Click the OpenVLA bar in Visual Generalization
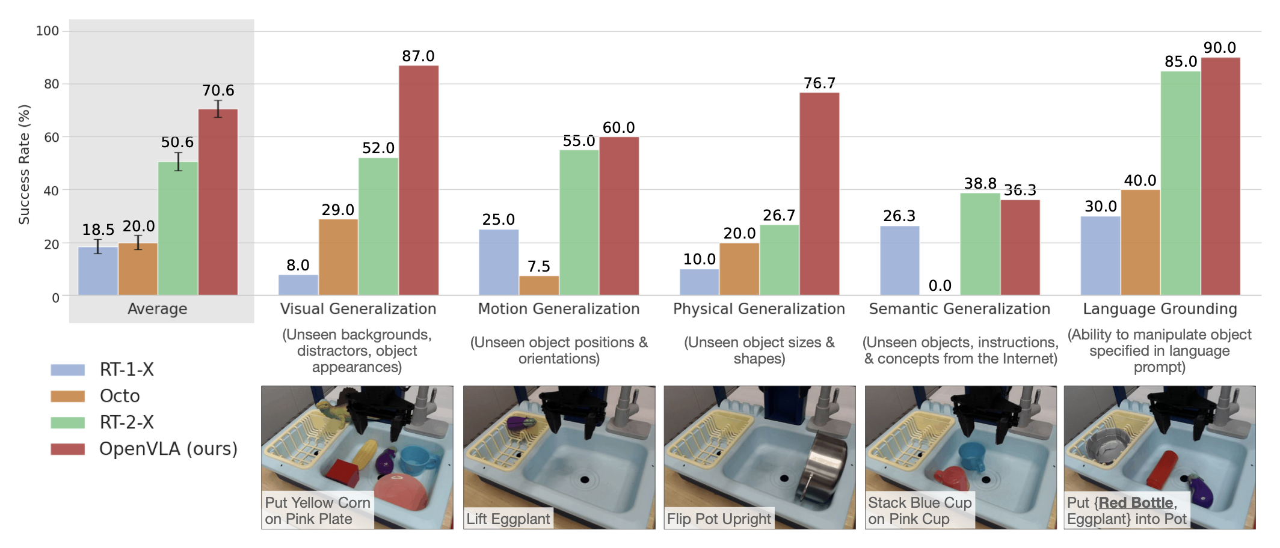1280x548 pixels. coord(419,180)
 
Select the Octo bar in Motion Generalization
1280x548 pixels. coord(539,285)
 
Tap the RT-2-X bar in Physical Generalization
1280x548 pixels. coord(780,260)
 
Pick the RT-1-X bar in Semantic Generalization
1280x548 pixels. coord(900,261)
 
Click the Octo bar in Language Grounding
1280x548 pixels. coord(1140,243)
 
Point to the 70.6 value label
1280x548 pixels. coord(218,91)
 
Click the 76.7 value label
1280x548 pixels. coord(820,83)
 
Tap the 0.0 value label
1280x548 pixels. coord(940,285)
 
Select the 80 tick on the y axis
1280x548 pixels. coord(52,84)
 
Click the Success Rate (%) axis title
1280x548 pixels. coord(24,165)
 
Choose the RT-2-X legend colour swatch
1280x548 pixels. coord(68,422)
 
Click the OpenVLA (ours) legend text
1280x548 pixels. coord(168,449)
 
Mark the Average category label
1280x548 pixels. coord(158,309)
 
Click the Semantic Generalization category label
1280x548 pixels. coord(959,309)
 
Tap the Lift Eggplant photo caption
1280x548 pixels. coord(508,519)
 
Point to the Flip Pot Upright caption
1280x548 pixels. coord(719,519)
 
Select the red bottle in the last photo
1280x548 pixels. coord(1162,470)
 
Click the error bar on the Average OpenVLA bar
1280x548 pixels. coord(218,109)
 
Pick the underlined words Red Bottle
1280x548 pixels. coord(1136,502)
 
